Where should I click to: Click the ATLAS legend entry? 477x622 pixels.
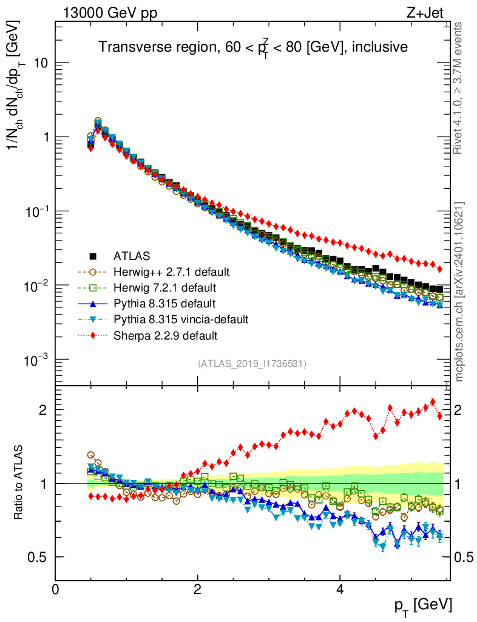(131, 255)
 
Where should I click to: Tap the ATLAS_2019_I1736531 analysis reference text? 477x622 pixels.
(252, 364)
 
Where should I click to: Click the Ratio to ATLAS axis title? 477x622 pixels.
(19, 483)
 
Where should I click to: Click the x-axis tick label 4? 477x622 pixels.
(340, 589)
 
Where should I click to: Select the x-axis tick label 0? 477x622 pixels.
(55, 589)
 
